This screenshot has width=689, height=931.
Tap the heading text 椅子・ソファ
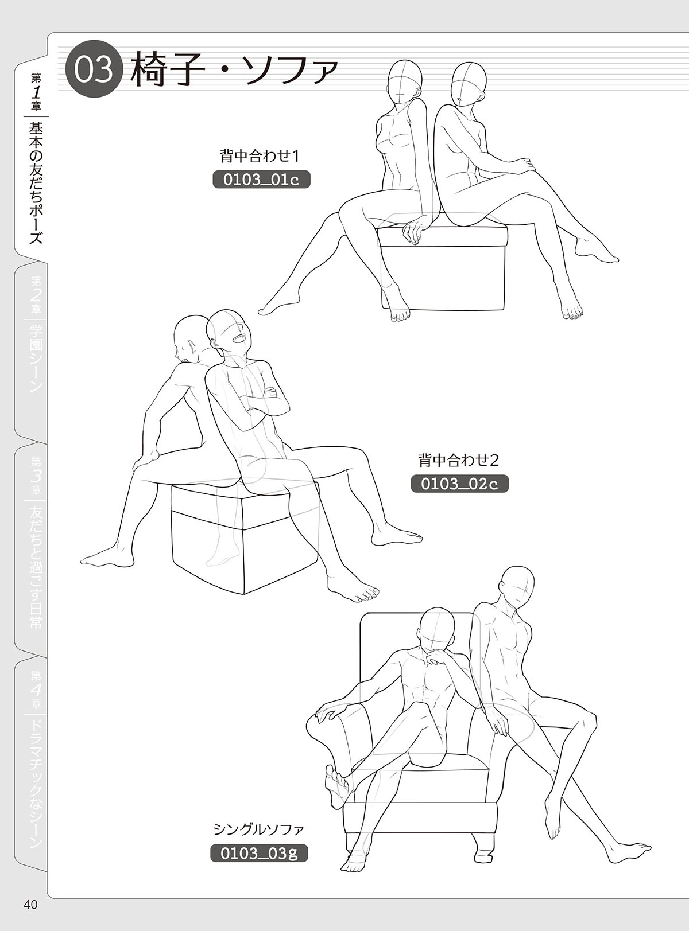click(x=234, y=69)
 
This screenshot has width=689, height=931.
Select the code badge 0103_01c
click(x=261, y=180)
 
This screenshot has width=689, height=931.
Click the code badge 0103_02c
click(x=459, y=484)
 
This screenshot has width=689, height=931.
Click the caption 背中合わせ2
click(x=458, y=461)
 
